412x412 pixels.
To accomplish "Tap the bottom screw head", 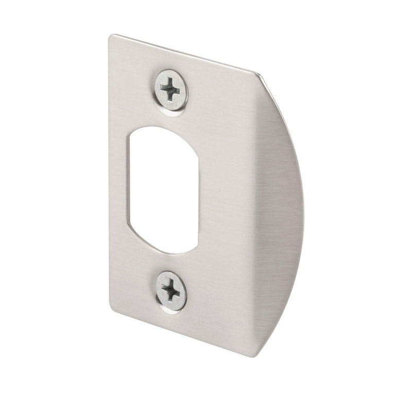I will pos(170,291).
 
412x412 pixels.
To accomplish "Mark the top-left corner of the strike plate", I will pos(111,36).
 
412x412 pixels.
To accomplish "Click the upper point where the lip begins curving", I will pos(257,74).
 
